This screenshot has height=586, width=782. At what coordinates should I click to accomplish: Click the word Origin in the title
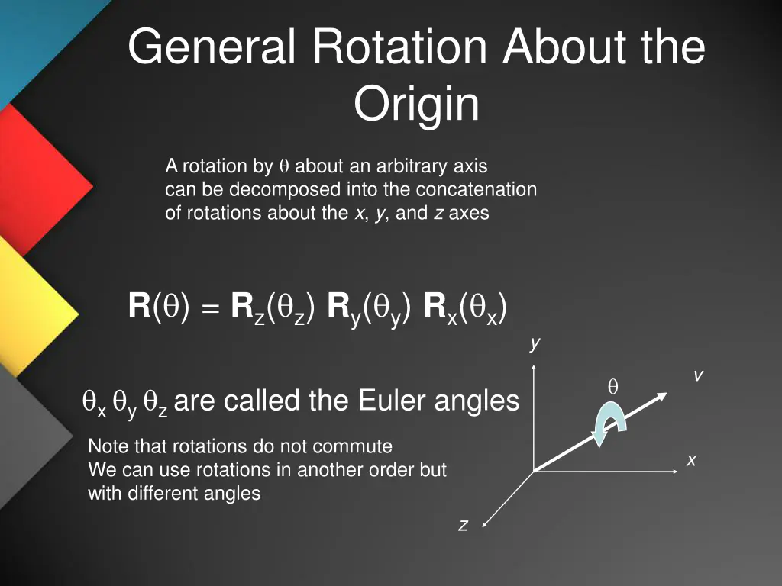coord(416,105)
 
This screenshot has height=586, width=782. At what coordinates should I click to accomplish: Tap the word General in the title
coord(212,47)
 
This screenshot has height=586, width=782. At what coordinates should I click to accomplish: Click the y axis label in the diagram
coord(535,344)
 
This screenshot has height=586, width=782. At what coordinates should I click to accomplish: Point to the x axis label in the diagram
coord(691,460)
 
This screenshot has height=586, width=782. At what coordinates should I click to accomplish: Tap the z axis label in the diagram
coord(463,525)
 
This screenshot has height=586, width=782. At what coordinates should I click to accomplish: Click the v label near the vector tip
coord(698,375)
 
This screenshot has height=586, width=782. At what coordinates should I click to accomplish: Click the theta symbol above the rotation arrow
coord(612,388)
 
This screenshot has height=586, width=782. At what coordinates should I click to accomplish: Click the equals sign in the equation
coord(211,309)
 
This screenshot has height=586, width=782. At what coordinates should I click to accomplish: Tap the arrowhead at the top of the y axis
coord(534,367)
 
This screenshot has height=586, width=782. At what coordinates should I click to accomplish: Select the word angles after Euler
coord(477,400)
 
